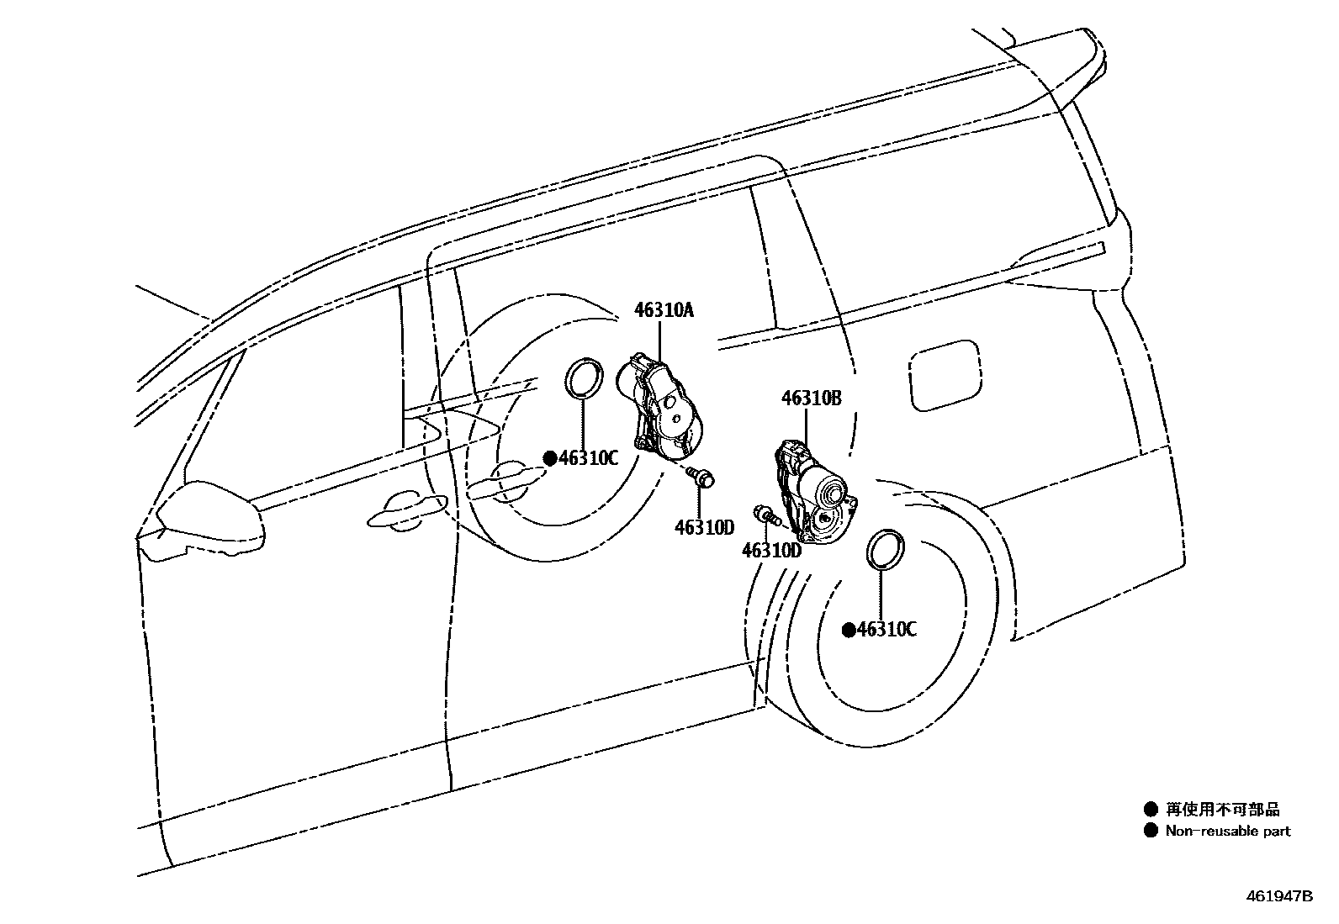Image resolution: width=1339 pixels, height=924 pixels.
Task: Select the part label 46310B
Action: [811, 399]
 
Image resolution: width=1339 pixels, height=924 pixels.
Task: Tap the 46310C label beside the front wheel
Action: [589, 458]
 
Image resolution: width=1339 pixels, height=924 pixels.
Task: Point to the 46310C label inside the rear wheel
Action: [886, 630]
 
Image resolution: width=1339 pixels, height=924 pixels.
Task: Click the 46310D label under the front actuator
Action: [704, 527]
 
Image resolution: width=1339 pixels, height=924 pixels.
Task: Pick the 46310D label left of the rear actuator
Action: [771, 551]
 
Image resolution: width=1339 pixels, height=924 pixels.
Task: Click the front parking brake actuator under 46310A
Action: [661, 408]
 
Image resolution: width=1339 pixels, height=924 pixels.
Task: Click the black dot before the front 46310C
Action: [550, 458]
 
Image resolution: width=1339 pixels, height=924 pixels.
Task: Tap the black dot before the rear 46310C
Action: [849, 630]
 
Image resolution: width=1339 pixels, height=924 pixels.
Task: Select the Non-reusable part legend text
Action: [1227, 832]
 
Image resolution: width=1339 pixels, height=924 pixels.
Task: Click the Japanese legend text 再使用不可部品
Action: [1222, 810]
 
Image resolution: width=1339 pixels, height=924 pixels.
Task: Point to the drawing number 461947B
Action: [1278, 896]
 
